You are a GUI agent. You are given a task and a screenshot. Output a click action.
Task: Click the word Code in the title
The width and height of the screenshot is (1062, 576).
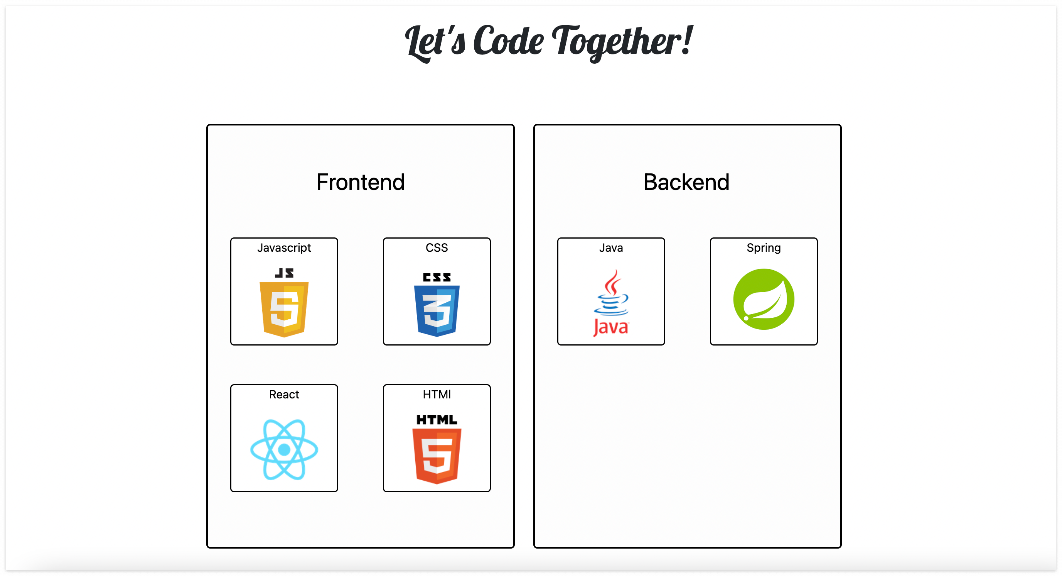pyautogui.click(x=508, y=41)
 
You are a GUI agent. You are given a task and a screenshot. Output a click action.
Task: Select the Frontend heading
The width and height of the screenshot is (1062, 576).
pyautogui.click(x=360, y=182)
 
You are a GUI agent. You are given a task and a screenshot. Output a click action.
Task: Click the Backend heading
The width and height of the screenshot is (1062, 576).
pyautogui.click(x=686, y=182)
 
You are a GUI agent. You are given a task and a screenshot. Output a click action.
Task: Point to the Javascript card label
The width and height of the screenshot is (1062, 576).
pyautogui.click(x=284, y=247)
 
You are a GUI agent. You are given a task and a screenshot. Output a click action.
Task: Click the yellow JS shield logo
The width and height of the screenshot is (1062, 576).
pyautogui.click(x=284, y=308)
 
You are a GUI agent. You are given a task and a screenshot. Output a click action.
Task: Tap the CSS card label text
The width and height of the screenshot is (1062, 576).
pyautogui.click(x=437, y=247)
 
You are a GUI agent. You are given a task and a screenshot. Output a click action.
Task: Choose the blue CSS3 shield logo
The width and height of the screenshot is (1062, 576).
pyautogui.click(x=437, y=310)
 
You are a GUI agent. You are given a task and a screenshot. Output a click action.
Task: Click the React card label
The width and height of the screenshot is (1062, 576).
pyautogui.click(x=284, y=395)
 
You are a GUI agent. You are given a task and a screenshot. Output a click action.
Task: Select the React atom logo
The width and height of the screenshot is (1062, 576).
pyautogui.click(x=284, y=449)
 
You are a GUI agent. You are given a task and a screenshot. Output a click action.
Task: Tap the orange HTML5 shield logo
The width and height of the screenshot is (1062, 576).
pyautogui.click(x=437, y=456)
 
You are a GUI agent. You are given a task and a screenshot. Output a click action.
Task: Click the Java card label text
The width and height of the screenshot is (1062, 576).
pyautogui.click(x=611, y=247)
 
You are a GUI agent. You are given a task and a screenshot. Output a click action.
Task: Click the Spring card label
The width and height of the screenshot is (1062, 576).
pyautogui.click(x=764, y=247)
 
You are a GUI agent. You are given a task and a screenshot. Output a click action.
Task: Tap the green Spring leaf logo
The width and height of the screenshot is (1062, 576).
pyautogui.click(x=764, y=299)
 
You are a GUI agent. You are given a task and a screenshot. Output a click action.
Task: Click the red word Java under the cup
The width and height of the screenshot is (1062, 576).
pyautogui.click(x=611, y=328)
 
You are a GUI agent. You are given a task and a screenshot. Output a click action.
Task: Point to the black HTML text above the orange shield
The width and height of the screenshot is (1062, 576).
pyautogui.click(x=437, y=420)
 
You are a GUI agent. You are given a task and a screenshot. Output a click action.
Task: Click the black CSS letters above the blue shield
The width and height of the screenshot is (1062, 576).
pyautogui.click(x=437, y=277)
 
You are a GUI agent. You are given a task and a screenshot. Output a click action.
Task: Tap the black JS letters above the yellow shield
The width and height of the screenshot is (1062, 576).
pyautogui.click(x=284, y=273)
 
